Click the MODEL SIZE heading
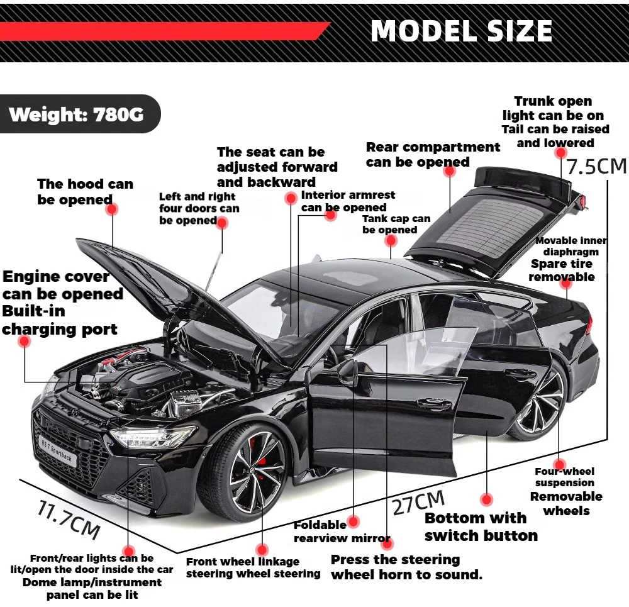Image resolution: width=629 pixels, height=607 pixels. [462, 31]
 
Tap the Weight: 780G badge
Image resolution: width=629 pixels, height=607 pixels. [76, 114]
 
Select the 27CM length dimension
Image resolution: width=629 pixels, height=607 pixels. [419, 502]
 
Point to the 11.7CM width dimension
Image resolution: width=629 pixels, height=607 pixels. [69, 518]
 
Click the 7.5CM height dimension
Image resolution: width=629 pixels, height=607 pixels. [596, 167]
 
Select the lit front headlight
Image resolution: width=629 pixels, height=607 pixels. [153, 436]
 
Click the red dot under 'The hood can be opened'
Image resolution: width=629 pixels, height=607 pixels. [111, 209]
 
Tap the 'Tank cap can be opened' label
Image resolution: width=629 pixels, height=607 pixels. [396, 224]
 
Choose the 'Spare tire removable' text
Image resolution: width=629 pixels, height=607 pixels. [562, 270]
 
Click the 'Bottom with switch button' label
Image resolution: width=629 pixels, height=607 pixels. [481, 527]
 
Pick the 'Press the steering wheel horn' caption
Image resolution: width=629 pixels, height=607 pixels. [406, 567]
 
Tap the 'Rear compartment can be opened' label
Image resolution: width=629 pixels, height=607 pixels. [433, 155]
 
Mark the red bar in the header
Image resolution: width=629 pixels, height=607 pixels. [164, 31]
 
